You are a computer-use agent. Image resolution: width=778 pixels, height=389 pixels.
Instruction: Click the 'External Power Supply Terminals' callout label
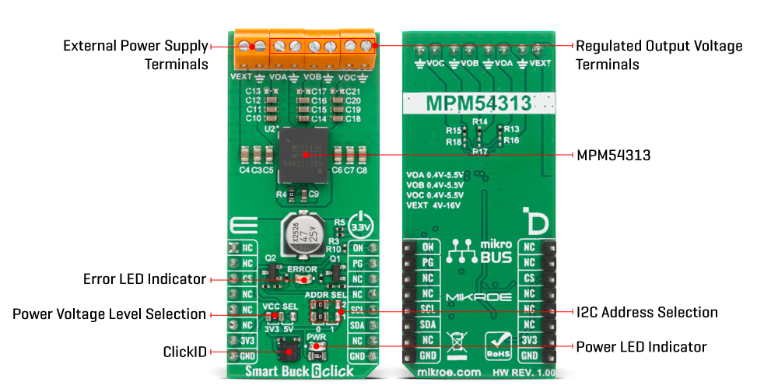[x=135, y=54]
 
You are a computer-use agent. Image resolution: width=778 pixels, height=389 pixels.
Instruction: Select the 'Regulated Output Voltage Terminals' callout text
[x=658, y=54]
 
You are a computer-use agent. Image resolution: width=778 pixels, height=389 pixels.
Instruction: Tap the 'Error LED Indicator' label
[x=144, y=279]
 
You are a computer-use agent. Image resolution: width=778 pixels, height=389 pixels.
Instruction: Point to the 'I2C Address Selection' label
[x=646, y=312]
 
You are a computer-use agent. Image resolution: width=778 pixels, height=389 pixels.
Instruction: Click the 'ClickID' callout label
[x=186, y=352]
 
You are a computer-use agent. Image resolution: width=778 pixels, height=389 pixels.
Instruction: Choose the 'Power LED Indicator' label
[x=641, y=346]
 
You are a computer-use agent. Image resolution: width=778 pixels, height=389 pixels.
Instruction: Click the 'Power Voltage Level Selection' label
[x=110, y=314]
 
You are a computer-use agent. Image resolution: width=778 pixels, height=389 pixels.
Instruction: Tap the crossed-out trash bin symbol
[x=457, y=343]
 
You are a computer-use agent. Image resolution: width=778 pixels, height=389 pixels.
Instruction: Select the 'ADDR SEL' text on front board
[x=325, y=296]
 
